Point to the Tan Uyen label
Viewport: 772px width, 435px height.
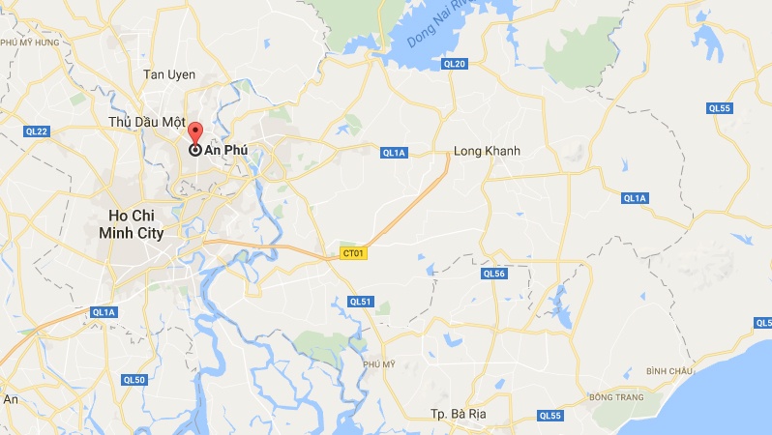(169, 74)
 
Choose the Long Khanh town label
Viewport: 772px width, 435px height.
(488, 152)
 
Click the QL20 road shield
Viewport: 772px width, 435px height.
(454, 64)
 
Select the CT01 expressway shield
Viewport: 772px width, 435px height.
(352, 253)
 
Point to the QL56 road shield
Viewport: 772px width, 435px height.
(493, 274)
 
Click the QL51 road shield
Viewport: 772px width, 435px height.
(361, 302)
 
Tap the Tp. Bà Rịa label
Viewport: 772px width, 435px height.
(460, 414)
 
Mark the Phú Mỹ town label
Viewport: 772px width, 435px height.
(379, 363)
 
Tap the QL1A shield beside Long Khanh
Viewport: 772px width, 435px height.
(394, 152)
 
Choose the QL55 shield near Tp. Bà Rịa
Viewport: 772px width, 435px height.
(549, 416)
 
